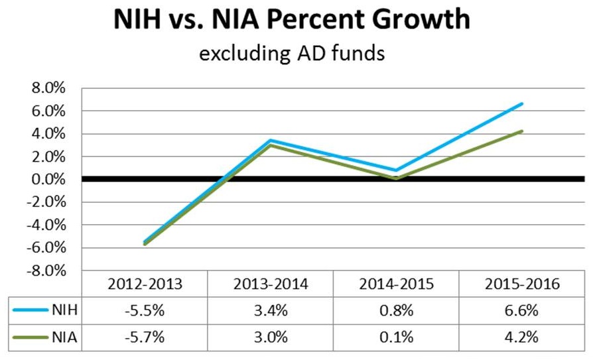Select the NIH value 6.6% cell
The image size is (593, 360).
522,309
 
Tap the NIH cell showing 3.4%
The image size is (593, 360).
270,309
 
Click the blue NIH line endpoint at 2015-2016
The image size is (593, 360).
522,104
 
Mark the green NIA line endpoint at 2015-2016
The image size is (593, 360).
522,131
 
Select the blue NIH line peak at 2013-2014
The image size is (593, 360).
270,141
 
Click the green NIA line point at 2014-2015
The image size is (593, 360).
396,178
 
